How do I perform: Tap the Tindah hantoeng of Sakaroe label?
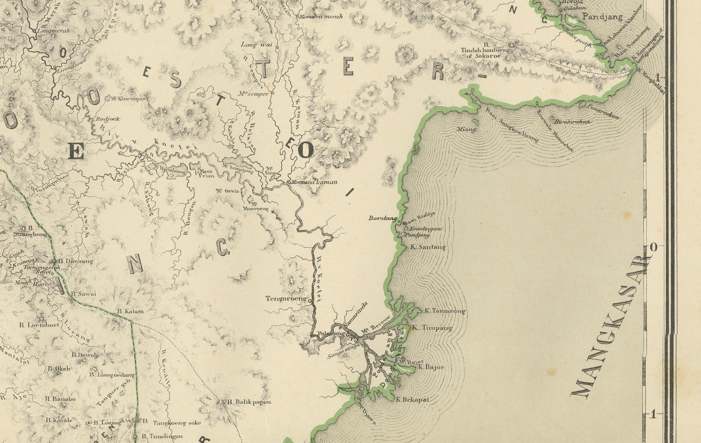click(485, 52)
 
